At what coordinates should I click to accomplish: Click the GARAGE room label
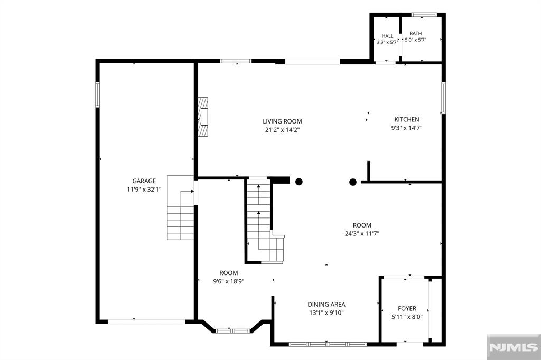pyautogui.click(x=144, y=181)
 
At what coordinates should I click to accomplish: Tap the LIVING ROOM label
pyautogui.click(x=282, y=121)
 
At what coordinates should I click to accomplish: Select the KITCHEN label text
pyautogui.click(x=407, y=119)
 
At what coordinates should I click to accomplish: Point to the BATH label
pyautogui.click(x=415, y=33)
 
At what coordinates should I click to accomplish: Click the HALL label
pyautogui.click(x=387, y=36)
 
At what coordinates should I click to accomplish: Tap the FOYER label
pyautogui.click(x=407, y=308)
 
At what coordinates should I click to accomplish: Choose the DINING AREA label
pyautogui.click(x=327, y=304)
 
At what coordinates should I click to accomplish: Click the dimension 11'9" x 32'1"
pyautogui.click(x=144, y=190)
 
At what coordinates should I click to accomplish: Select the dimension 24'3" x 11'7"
pyautogui.click(x=362, y=233)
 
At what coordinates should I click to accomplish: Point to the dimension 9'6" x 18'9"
pyautogui.click(x=228, y=281)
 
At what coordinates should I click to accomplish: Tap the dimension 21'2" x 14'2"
pyautogui.click(x=282, y=130)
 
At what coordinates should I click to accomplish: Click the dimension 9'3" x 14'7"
pyautogui.click(x=407, y=128)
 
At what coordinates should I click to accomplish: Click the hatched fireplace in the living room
pyautogui.click(x=203, y=117)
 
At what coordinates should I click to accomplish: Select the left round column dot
pyautogui.click(x=299, y=182)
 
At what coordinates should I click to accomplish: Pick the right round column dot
pyautogui.click(x=352, y=182)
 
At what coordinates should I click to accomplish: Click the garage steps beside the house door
pyautogui.click(x=181, y=207)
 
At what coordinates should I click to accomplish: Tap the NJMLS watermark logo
pyautogui.click(x=514, y=347)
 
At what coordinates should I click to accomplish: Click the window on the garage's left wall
pyautogui.click(x=98, y=94)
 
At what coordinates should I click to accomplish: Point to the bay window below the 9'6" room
pyautogui.click(x=232, y=331)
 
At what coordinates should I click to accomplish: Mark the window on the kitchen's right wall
pyautogui.click(x=444, y=98)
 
